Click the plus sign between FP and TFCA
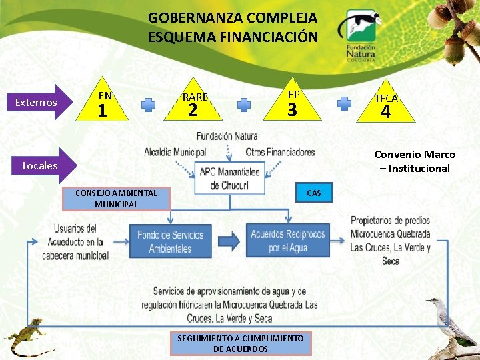tap(344, 103)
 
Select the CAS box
tap(313, 193)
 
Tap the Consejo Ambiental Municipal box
tap(117, 198)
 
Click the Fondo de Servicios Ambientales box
tap(170, 241)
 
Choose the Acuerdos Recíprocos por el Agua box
tap(288, 241)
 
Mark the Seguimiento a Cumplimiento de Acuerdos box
tap(240, 343)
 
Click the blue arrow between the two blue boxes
tap(229, 241)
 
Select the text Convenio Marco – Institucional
tap(415, 161)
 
